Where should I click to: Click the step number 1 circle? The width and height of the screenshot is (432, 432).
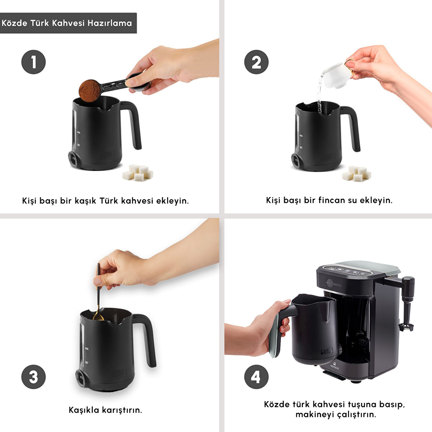[33, 62]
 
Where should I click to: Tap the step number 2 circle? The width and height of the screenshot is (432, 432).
[256, 62]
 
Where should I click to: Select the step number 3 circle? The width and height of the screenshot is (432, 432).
[33, 377]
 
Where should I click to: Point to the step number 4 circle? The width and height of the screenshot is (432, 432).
[256, 377]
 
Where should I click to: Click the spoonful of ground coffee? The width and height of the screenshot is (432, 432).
[90, 90]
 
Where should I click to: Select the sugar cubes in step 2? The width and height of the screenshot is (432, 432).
[356, 173]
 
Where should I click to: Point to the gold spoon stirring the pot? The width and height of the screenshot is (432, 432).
[98, 293]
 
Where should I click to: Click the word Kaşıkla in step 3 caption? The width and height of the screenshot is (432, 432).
[84, 410]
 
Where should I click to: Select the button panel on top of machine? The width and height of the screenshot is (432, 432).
[345, 270]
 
